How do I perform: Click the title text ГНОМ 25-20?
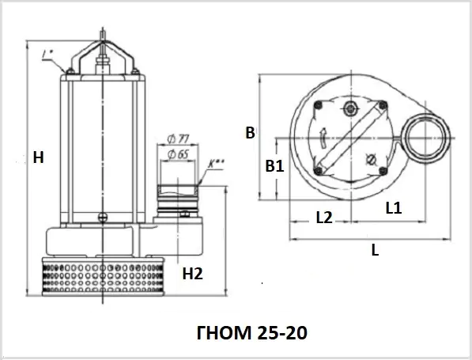252,332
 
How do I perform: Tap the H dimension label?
38,157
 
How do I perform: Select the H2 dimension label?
193,274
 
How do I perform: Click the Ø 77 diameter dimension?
178,139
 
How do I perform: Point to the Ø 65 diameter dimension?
178,154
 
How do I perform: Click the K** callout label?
216,163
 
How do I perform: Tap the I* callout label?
47,55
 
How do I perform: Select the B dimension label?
250,133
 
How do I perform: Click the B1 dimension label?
274,166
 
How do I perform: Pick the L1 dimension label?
394,208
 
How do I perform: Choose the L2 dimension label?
324,218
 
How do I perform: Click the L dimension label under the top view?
375,250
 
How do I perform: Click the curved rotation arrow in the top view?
323,138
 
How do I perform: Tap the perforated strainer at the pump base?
103,276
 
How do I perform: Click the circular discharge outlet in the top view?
427,138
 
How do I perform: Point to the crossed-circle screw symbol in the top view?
371,160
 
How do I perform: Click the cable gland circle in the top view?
351,108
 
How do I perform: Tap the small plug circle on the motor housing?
102,217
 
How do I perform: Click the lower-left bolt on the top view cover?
318,171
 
